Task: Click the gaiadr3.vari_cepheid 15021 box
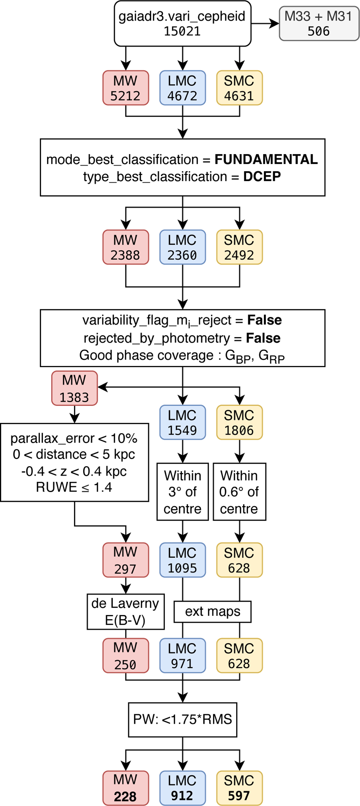click(x=182, y=24)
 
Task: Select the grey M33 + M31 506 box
click(x=319, y=24)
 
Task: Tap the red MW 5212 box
click(x=125, y=88)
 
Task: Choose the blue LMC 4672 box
click(x=182, y=88)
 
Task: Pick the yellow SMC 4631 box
click(x=239, y=88)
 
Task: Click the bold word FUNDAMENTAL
click(x=266, y=160)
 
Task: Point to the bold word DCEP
click(x=262, y=177)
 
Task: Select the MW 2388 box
click(x=125, y=247)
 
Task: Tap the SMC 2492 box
click(x=239, y=247)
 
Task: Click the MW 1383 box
click(x=74, y=388)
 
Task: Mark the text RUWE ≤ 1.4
click(x=74, y=487)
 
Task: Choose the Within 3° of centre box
click(x=182, y=492)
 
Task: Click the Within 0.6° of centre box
click(x=239, y=492)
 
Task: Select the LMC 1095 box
click(x=182, y=560)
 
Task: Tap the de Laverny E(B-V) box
click(x=125, y=612)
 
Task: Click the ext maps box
click(x=213, y=612)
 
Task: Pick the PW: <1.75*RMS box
click(x=182, y=719)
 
